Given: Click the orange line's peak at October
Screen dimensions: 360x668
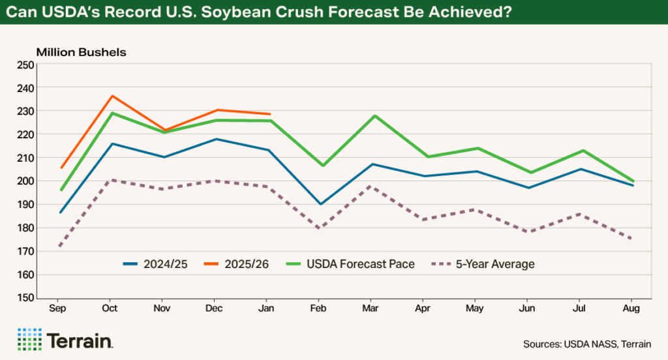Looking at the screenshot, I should coord(112,96).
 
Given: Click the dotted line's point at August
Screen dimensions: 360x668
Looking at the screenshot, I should coord(631,239).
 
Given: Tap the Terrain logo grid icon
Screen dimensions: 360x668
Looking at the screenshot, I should coord(29,340).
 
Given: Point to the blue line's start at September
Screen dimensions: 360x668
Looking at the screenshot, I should coord(61,213).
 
